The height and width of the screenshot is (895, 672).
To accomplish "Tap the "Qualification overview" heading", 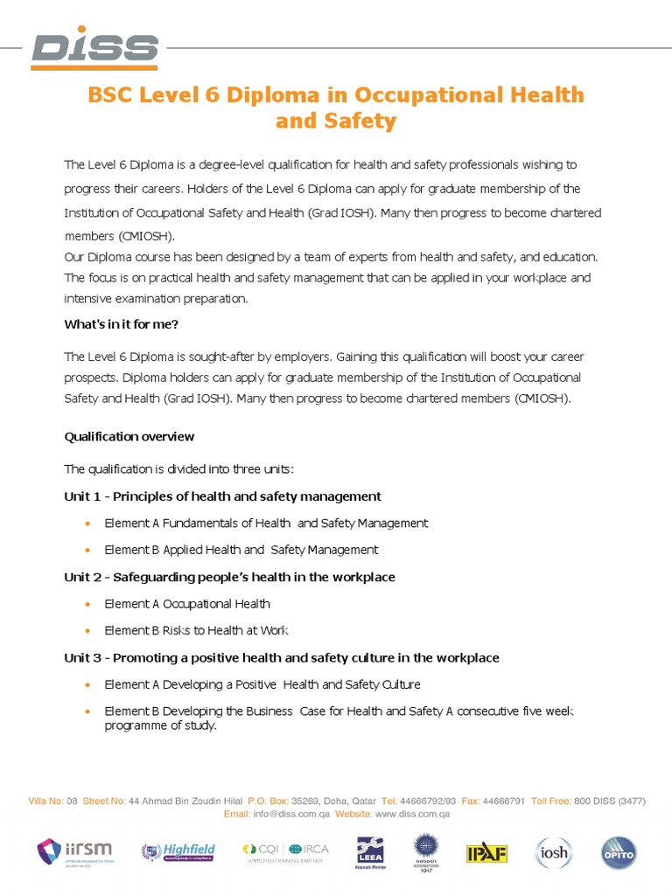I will pyautogui.click(x=129, y=436).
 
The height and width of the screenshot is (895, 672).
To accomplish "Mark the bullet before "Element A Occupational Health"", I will pyautogui.click(x=87, y=604).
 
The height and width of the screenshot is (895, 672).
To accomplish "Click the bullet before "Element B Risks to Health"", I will pyautogui.click(x=87, y=631).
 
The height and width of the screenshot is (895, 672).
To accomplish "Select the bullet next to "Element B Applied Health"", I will pyautogui.click(x=87, y=551).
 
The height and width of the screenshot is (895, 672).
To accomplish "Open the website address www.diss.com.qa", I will pyautogui.click(x=412, y=815).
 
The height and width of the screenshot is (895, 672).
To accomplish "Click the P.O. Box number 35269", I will pyautogui.click(x=304, y=801).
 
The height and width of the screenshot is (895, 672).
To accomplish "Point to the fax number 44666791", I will pyautogui.click(x=504, y=801).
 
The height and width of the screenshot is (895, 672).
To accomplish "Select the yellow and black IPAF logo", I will pyautogui.click(x=486, y=852).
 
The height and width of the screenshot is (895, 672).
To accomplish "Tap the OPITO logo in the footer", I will pyautogui.click(x=618, y=852).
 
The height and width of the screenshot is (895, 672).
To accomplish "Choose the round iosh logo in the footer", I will pyautogui.click(x=552, y=852).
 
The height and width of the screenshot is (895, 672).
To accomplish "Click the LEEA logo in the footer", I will pyautogui.click(x=368, y=852).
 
